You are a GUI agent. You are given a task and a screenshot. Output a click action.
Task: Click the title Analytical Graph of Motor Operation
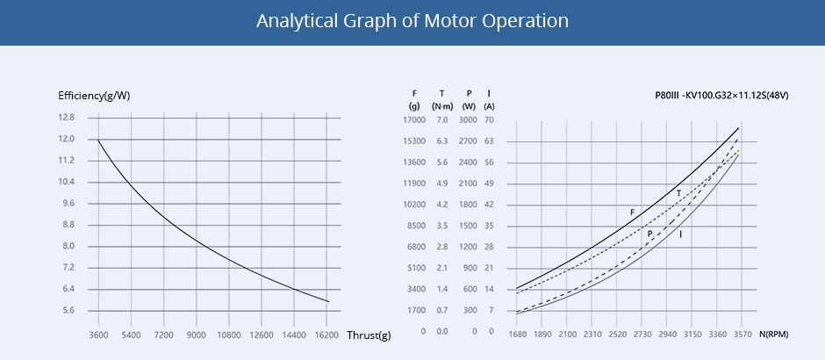pos(412,20)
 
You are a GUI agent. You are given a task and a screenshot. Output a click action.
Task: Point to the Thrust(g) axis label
pos(369,335)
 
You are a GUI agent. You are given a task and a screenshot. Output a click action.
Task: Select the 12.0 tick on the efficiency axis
pos(67,140)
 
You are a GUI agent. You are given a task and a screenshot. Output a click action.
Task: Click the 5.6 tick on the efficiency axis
pos(67,311)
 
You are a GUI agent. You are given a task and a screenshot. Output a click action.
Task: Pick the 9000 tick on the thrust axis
pos(197,335)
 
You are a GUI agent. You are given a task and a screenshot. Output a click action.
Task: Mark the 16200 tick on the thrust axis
pos(326,335)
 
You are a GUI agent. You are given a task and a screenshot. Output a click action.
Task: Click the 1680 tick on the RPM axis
pos(517,335)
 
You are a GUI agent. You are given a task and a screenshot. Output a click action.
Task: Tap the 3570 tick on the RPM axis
pos(742,335)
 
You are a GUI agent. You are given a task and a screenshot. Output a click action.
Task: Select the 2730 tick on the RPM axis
pos(642,335)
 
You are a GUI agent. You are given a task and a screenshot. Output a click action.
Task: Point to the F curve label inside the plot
pos(632,212)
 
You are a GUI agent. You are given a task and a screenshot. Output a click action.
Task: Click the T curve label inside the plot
pos(678,192)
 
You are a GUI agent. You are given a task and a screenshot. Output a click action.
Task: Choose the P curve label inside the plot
pos(649,234)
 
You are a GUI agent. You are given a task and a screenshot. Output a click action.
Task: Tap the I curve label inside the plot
pos(681,234)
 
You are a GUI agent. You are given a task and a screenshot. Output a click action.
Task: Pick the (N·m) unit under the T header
pos(442,105)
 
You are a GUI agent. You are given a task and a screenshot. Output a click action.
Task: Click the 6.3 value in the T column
pos(442,140)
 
